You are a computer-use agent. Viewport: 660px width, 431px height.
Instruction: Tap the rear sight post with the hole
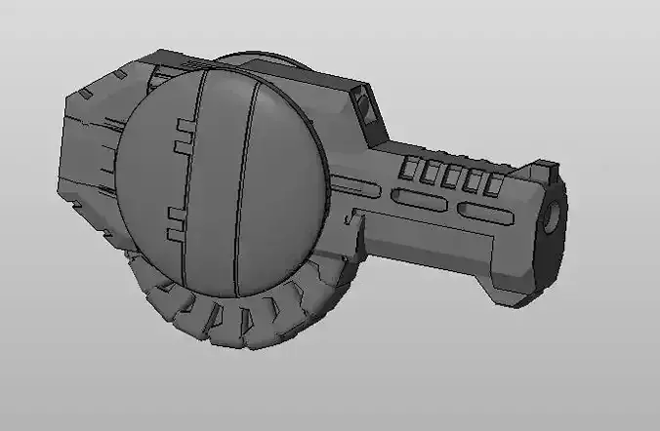365,104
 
